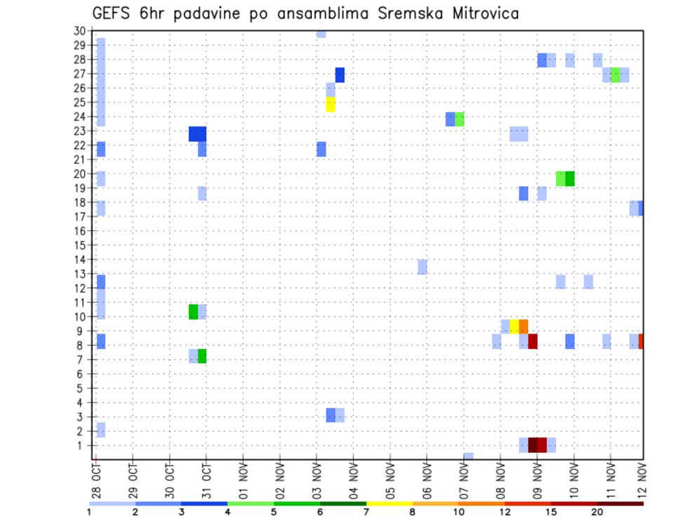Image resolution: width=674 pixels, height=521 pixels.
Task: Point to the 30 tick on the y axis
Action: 79,31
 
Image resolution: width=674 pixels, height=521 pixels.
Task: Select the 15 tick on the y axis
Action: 79,246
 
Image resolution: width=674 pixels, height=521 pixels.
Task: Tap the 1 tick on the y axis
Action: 82,445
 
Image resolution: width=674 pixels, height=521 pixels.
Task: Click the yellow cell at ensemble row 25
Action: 331,104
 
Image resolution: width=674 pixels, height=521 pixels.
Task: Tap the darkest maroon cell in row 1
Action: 533,445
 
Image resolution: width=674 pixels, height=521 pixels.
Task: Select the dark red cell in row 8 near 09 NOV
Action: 533,341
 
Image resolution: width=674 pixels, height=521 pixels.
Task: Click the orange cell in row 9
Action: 523,327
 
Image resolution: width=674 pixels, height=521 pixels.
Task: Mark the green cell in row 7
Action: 202,356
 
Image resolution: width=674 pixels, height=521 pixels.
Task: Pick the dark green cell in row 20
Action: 569,178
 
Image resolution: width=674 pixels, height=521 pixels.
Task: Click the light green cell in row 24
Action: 459,119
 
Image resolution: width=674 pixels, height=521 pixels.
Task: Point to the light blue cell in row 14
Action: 422,267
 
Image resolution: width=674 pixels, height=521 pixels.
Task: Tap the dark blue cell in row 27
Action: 340,75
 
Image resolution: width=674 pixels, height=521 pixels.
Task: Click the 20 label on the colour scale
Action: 597,512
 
